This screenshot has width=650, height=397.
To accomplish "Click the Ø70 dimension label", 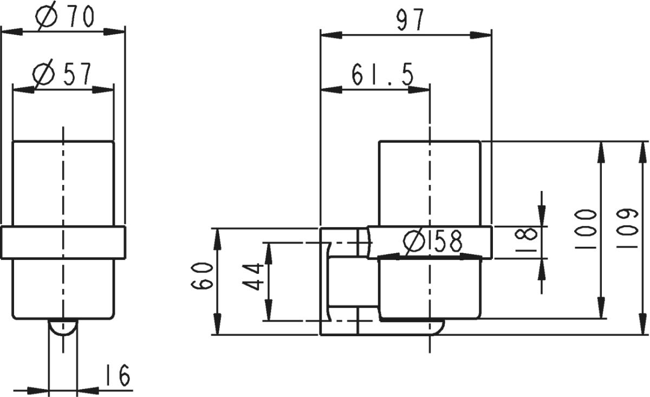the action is tap(65, 17).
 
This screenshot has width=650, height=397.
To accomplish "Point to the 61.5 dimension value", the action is tap(383, 75).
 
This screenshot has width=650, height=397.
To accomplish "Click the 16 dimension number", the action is tap(116, 375).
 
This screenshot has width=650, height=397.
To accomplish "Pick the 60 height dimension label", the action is tap(202, 276).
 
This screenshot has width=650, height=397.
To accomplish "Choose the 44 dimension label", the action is tap(253, 277).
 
